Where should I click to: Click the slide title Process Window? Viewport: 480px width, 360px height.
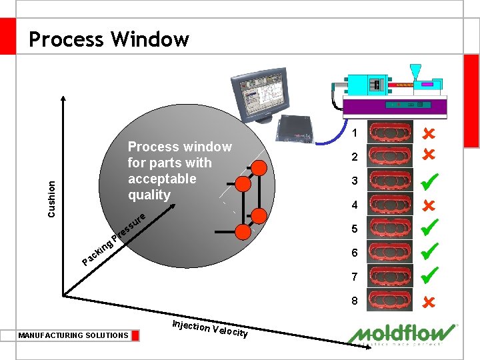coord(109,39)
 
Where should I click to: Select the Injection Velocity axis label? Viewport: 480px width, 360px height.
coord(210,328)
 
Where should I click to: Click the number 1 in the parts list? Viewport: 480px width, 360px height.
coord(355,133)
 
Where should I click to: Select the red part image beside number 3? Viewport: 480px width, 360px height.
coord(390,181)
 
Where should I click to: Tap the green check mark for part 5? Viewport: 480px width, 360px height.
coord(429,227)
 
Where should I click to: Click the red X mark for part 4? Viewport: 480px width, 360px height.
coord(429,205)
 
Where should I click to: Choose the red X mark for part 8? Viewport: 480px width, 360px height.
coord(429,301)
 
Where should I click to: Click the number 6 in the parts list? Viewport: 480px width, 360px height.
coord(355,253)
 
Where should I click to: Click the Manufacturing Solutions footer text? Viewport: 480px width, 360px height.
coord(73,335)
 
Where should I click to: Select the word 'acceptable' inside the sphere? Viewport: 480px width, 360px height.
coord(162,179)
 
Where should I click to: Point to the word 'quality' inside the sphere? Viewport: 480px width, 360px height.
coord(149,195)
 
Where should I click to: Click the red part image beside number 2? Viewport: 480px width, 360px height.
coord(390,157)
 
